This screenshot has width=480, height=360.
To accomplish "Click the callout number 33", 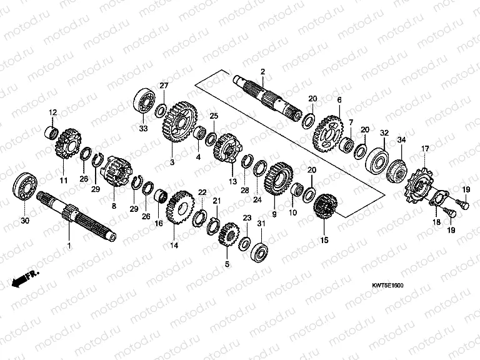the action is tap(142, 129).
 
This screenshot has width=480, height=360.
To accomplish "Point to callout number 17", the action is tap(425, 148).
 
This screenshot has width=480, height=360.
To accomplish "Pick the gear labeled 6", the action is tap(330, 131).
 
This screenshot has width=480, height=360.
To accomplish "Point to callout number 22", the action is tap(202, 192).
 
